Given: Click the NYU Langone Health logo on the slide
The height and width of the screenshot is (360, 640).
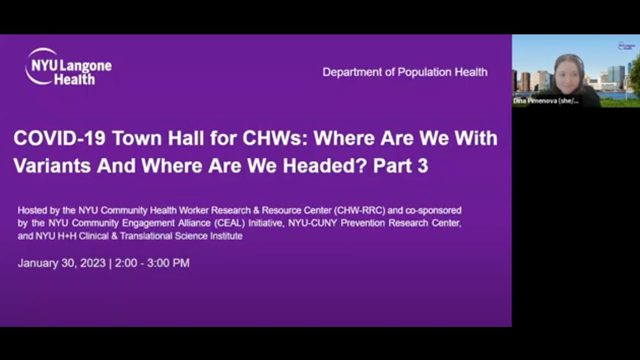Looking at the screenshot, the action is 68,66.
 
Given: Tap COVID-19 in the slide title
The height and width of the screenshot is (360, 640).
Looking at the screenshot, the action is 59,138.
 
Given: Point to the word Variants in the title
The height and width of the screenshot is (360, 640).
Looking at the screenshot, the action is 52,165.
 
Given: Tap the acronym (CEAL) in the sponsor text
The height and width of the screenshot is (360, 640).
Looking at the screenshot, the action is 229,223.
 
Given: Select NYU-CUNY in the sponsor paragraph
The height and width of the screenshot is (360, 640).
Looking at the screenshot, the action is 312,223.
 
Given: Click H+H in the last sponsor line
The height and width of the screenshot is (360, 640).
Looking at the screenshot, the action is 67,236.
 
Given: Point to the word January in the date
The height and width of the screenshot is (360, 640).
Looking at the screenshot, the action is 37,263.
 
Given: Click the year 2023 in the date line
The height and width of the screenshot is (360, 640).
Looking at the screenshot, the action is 93,263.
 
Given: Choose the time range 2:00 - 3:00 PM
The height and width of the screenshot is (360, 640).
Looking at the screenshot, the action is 152,263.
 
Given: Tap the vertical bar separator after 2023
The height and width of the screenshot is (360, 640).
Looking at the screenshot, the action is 110,263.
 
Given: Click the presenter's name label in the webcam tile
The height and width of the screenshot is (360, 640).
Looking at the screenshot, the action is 545,101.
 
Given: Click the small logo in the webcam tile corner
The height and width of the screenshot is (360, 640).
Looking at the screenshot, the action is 626,46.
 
